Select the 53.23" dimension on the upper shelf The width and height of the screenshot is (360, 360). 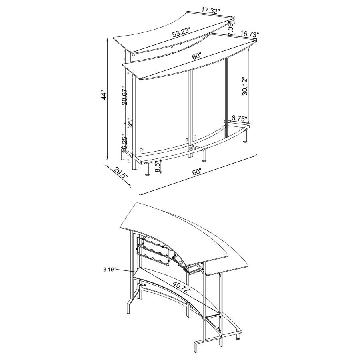181,33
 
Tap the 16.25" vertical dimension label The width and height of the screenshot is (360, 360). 125,142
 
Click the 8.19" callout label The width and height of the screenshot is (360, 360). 109,270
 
